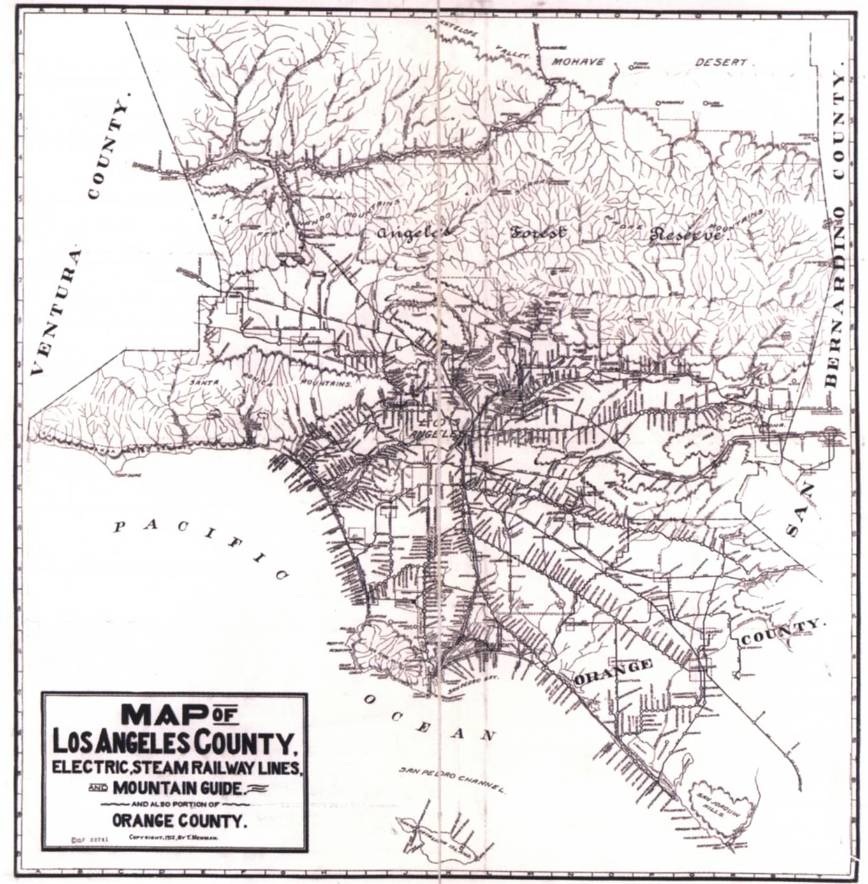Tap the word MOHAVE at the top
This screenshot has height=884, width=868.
pyautogui.click(x=578, y=62)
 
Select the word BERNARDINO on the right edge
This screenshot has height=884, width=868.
pyautogui.click(x=833, y=296)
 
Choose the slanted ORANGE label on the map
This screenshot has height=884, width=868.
pyautogui.click(x=613, y=672)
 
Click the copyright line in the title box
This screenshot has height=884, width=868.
pyautogui.click(x=173, y=837)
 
